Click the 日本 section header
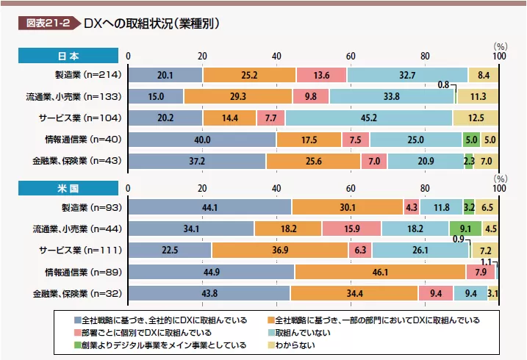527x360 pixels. (x=68, y=56)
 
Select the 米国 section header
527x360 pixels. (x=68, y=188)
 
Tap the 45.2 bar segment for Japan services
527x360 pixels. (x=369, y=118)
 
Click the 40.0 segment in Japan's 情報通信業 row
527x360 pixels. (x=202, y=139)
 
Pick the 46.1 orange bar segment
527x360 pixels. (x=380, y=272)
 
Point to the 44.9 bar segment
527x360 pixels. (x=212, y=272)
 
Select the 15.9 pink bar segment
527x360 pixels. (x=351, y=228)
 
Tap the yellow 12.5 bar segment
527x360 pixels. (x=476, y=118)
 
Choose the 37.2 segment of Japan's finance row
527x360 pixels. (x=198, y=160)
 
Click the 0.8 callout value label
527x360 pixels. (x=443, y=85)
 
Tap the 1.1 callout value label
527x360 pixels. (x=486, y=262)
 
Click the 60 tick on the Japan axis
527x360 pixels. (x=351, y=56)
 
